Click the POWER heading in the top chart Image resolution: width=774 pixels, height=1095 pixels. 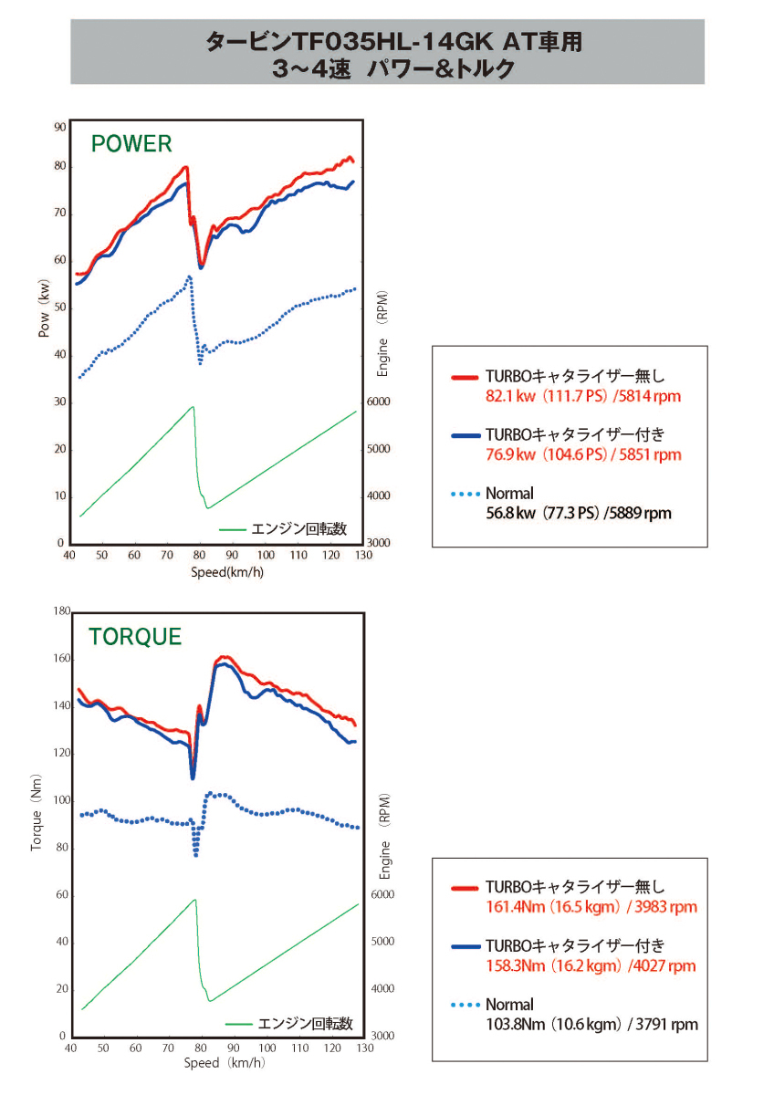click(131, 143)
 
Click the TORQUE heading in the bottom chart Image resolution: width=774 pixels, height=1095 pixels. click(135, 637)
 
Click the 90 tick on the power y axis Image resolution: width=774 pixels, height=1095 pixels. click(60, 127)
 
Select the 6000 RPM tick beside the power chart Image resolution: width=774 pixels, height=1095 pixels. click(378, 402)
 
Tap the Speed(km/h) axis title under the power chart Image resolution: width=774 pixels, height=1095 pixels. click(228, 572)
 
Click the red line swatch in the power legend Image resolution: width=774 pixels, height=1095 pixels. click(465, 376)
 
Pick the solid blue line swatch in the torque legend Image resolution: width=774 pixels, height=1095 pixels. click(465, 945)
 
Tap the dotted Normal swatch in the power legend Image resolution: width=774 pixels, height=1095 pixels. click(465, 494)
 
